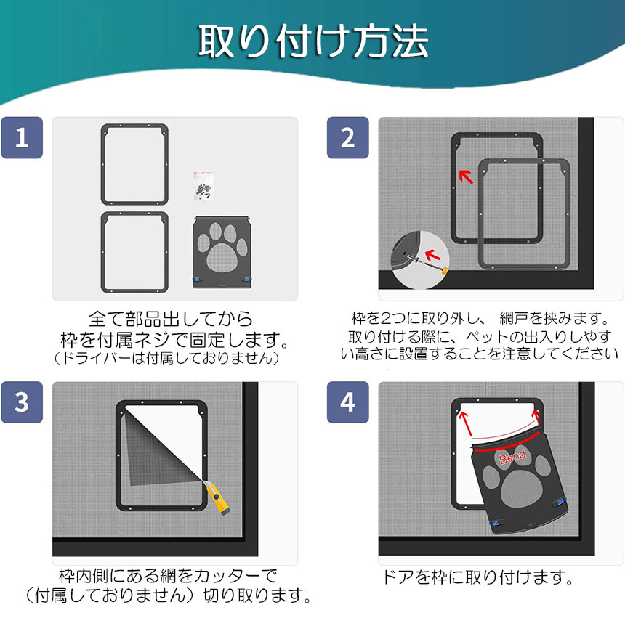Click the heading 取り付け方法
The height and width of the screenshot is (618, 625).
[313, 41]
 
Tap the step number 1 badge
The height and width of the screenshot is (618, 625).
[22, 137]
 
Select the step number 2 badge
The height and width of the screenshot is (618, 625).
[347, 137]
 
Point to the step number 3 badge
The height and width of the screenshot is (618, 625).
[22, 402]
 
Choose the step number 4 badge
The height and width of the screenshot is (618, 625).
[347, 402]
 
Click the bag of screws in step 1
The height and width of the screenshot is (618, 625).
[203, 186]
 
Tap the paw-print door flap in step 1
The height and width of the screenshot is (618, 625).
[222, 253]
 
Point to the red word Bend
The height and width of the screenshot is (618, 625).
[512, 457]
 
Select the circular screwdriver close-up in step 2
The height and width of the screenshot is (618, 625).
[420, 260]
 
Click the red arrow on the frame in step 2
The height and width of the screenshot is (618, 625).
[466, 176]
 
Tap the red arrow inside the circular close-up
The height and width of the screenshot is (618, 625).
[432, 255]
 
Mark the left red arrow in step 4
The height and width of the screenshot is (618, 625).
[466, 423]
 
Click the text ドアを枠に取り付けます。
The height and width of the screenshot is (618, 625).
[477, 577]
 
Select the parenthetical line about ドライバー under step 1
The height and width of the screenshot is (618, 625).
[166, 358]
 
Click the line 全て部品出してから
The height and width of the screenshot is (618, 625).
[171, 319]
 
